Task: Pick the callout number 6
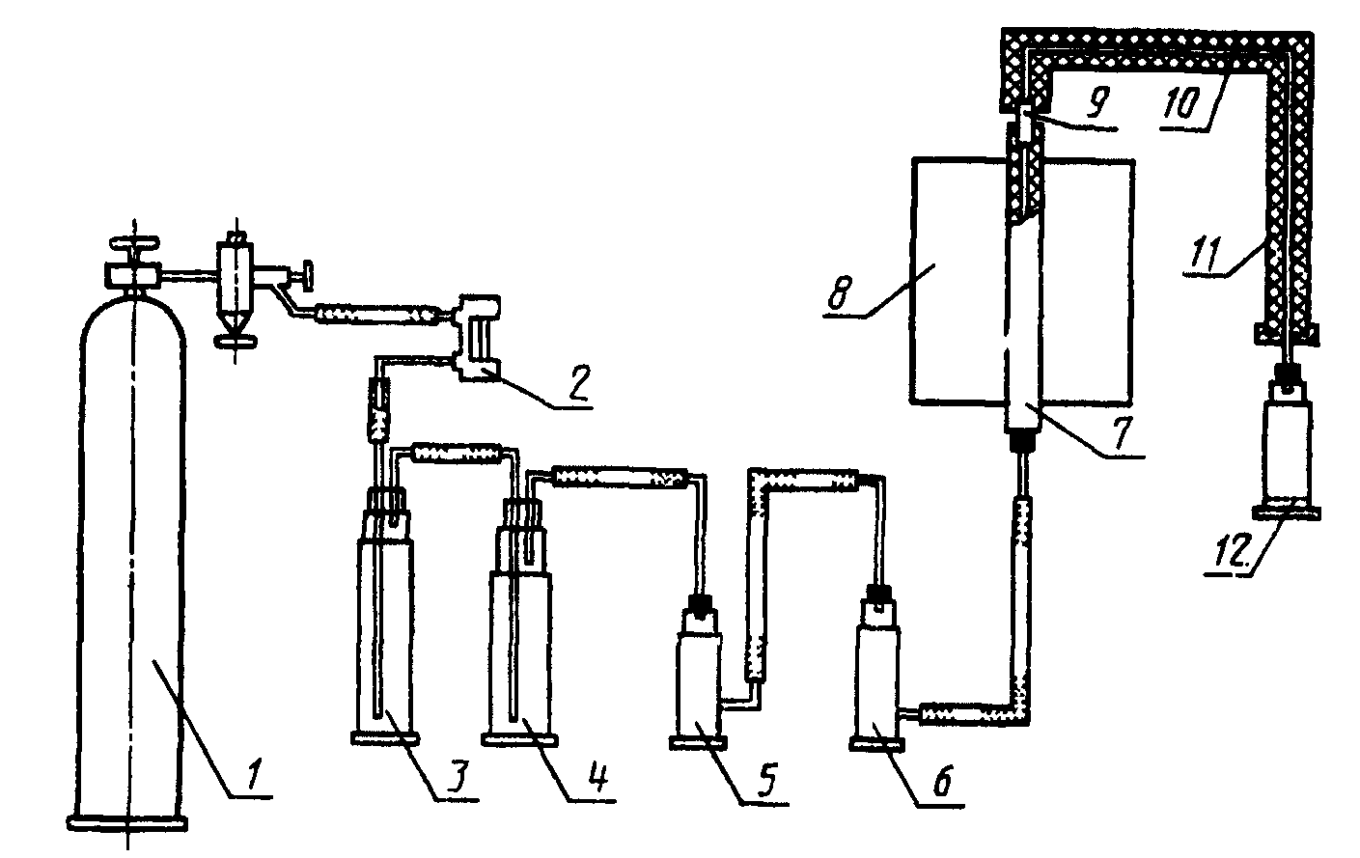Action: point(942,780)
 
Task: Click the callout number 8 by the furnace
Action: point(841,292)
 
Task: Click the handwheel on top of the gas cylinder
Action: point(134,244)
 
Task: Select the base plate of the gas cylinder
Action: point(126,823)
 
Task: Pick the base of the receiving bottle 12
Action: point(1286,513)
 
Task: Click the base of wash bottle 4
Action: point(520,739)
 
